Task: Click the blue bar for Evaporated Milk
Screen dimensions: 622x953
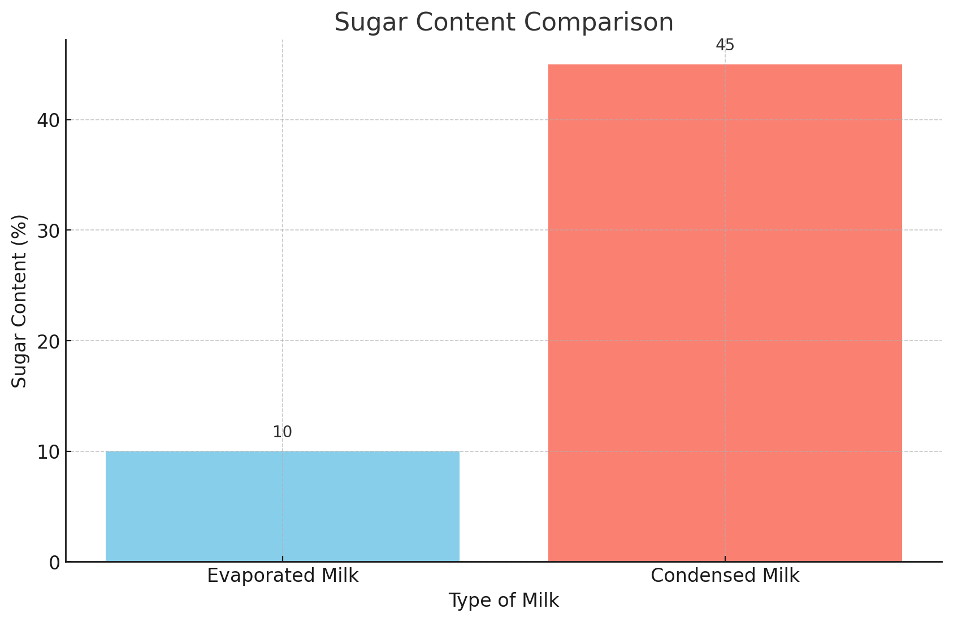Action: tap(283, 506)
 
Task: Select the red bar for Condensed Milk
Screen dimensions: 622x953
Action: tap(725, 313)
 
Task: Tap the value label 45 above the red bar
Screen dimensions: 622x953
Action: tap(725, 45)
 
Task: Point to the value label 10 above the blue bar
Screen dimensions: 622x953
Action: tap(282, 432)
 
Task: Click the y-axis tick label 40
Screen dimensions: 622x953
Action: tap(47, 120)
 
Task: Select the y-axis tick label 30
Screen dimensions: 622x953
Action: tap(47, 230)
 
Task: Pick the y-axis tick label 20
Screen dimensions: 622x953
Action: tap(47, 341)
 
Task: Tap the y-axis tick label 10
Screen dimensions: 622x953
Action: tap(47, 452)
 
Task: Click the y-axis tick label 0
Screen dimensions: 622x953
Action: tap(54, 563)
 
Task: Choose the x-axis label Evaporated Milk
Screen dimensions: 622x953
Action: tap(283, 576)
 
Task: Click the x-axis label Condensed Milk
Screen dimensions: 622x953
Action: tap(725, 576)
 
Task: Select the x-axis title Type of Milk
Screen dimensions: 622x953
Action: tap(504, 601)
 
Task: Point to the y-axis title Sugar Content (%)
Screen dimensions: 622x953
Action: tap(20, 301)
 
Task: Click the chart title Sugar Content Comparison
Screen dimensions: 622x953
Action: tap(504, 23)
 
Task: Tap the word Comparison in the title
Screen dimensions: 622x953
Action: tap(599, 23)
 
